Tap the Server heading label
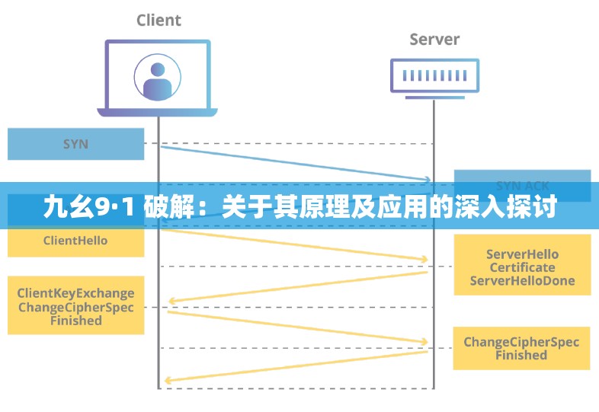(x=435, y=39)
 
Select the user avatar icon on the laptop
(x=157, y=76)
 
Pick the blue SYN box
(x=75, y=144)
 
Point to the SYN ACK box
(x=522, y=185)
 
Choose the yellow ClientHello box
(x=75, y=241)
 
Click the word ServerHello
(x=522, y=254)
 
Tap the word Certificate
(x=522, y=267)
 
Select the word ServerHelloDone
(x=522, y=281)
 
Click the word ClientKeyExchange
(x=75, y=293)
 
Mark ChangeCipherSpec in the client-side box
(x=75, y=307)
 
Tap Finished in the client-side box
(x=75, y=321)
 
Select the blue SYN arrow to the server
(x=297, y=162)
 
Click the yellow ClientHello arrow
(x=297, y=244)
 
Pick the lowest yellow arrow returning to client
(x=297, y=366)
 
